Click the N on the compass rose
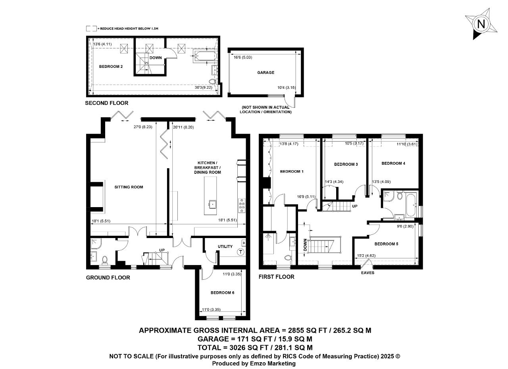[481, 24]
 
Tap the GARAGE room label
[266, 73]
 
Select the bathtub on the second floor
[206, 56]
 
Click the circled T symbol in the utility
[241, 252]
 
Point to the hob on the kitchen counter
[242, 206]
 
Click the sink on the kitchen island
[212, 204]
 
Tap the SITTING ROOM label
[129, 187]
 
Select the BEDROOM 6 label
[222, 292]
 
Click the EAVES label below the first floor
[368, 273]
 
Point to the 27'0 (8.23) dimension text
[143, 127]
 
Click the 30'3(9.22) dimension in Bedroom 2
[204, 87]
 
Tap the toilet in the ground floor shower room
[104, 260]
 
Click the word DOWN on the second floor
[156, 58]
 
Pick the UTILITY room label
[225, 246]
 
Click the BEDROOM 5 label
[386, 244]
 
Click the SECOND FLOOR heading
[107, 103]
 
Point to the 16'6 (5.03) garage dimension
[243, 58]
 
